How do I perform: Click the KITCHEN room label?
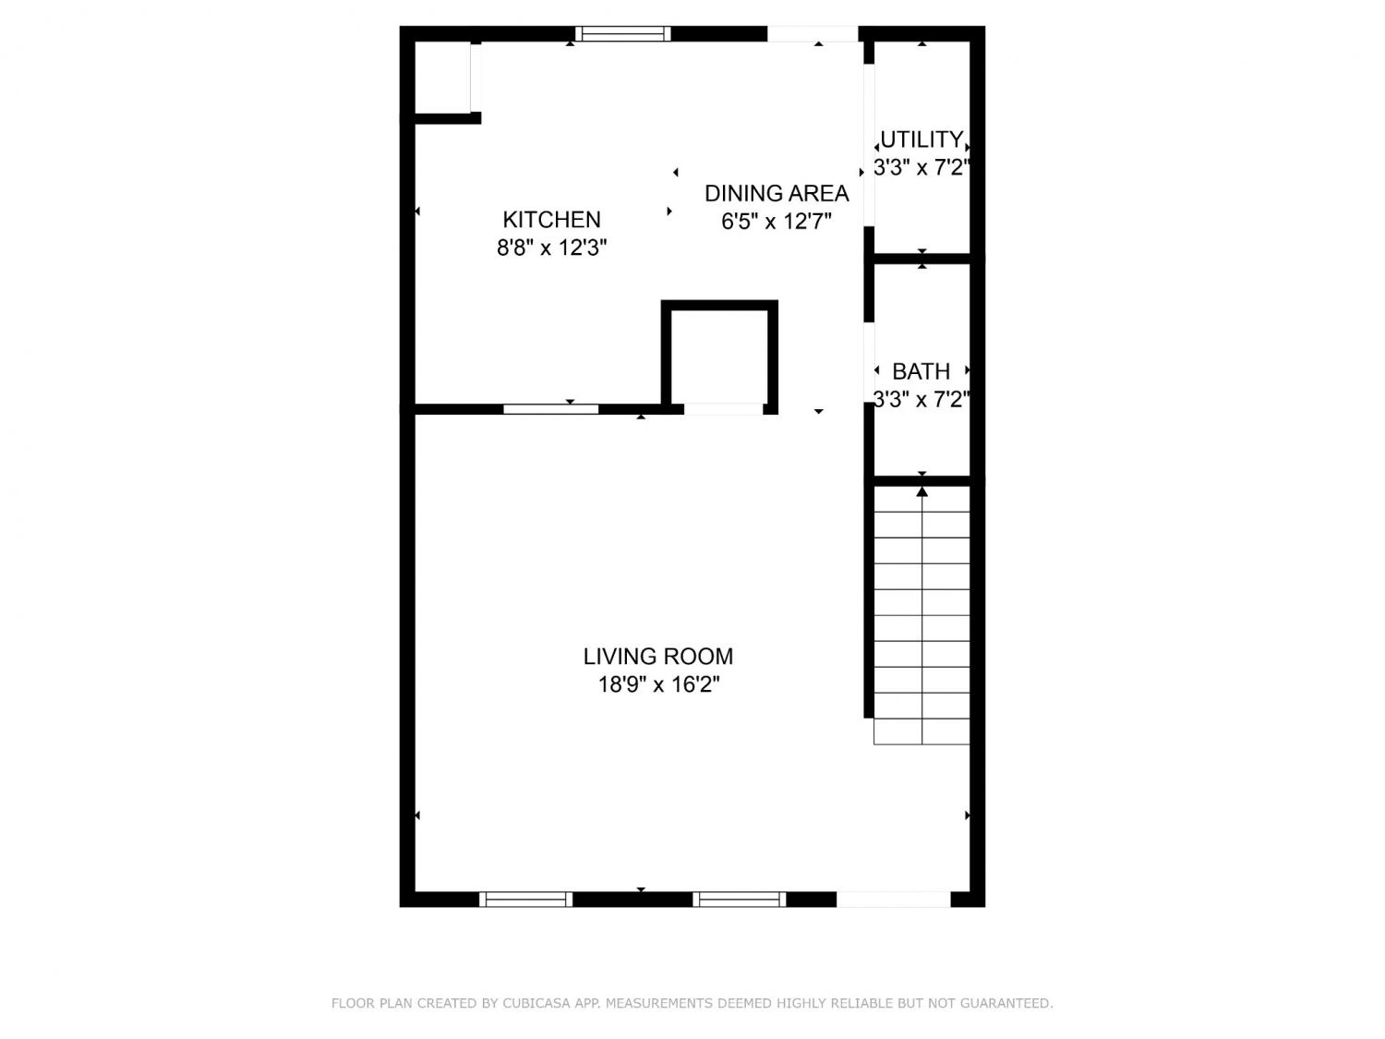[551, 220]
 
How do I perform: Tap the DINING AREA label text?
[777, 193]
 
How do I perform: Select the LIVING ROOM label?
[657, 657]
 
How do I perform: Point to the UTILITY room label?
[921, 139]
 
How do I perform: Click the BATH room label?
[921, 371]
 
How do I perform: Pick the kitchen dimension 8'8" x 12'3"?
[551, 248]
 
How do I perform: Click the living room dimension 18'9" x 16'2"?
[658, 684]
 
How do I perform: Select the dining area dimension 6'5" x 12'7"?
[777, 222]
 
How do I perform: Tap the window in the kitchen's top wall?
[622, 33]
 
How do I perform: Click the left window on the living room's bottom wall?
[525, 899]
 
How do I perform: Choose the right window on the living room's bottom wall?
[739, 899]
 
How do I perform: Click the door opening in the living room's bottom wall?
[893, 899]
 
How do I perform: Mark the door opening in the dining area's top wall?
[812, 33]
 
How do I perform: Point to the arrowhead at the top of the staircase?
[921, 490]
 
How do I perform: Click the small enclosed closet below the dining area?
[718, 357]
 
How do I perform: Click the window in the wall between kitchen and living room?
[550, 409]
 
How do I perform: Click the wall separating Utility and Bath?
[921, 258]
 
